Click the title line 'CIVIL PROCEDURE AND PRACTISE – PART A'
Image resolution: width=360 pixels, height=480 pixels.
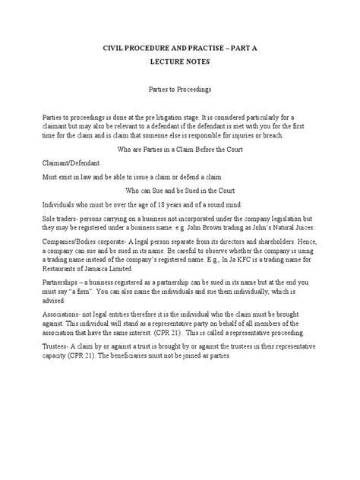click(180, 47)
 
